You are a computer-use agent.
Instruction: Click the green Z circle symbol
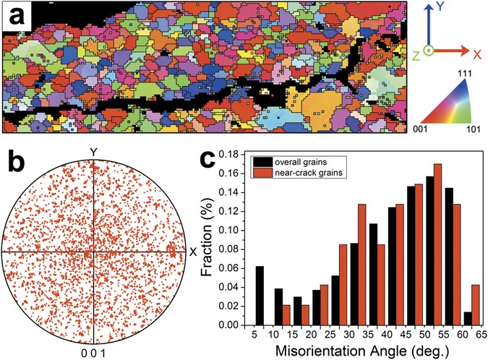coord(428,51)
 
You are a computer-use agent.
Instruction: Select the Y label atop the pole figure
coord(93,152)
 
